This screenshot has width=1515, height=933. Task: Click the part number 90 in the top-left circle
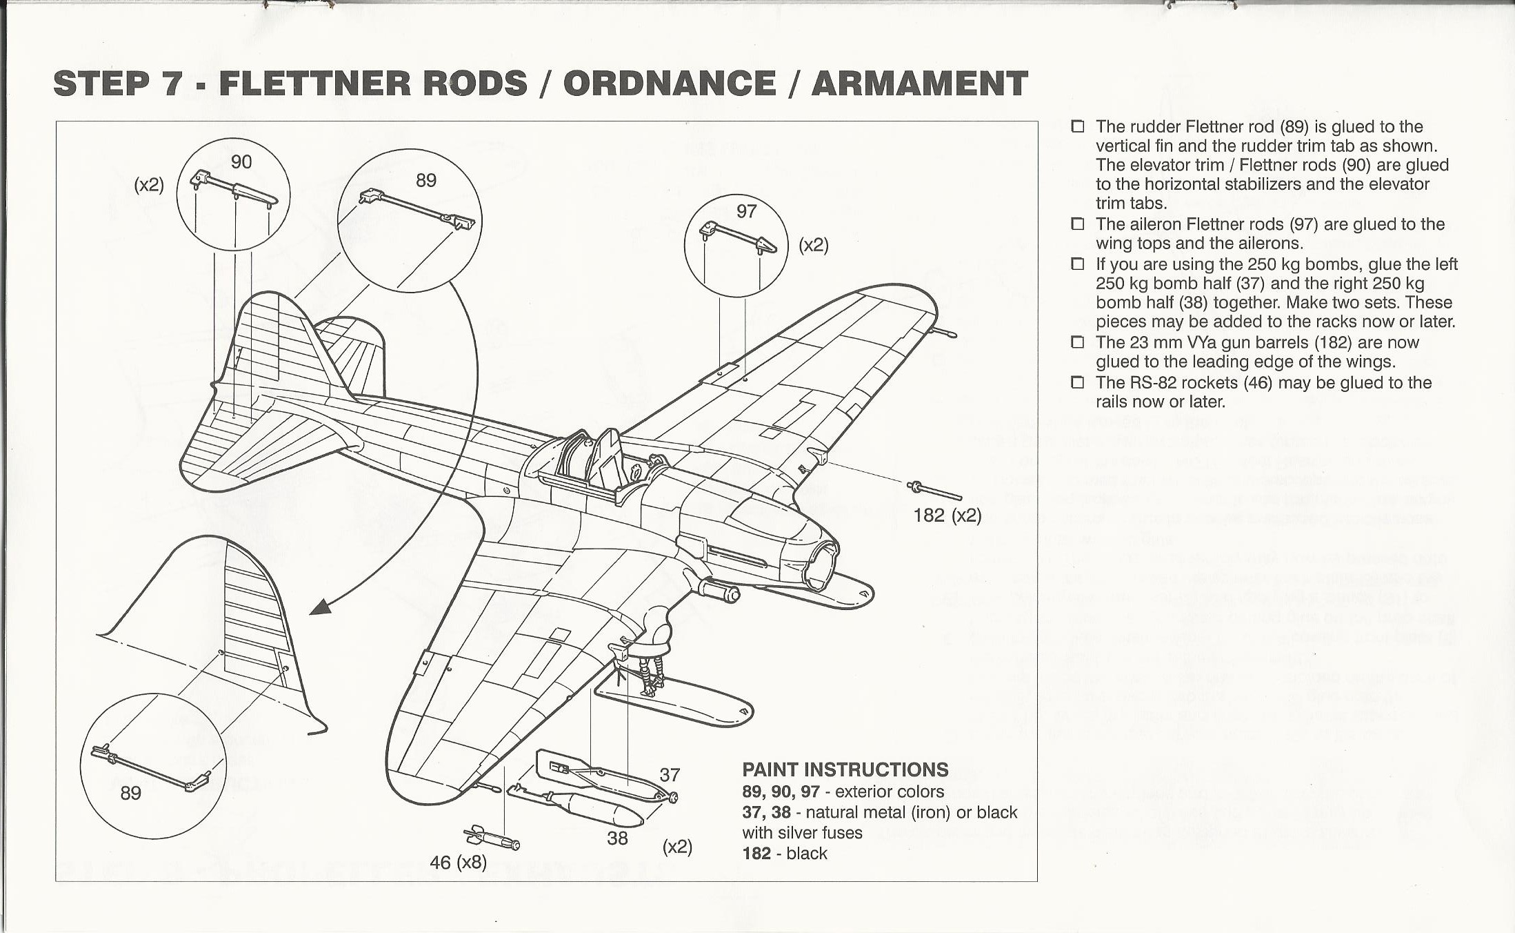click(x=241, y=161)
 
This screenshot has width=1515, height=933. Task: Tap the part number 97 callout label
click(x=746, y=211)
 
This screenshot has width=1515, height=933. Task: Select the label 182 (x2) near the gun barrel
click(x=947, y=515)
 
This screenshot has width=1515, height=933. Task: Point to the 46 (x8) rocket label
click(x=458, y=863)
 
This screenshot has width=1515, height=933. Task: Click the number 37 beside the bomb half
click(x=670, y=775)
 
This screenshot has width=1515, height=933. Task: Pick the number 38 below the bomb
click(x=617, y=838)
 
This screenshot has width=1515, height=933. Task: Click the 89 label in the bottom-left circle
click(x=130, y=793)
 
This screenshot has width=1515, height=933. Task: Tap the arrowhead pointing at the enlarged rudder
click(x=320, y=607)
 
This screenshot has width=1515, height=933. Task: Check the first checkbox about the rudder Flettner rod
click(x=1078, y=127)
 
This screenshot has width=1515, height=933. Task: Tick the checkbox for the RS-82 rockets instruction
click(x=1078, y=383)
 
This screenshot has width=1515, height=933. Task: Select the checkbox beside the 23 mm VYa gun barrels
click(x=1078, y=343)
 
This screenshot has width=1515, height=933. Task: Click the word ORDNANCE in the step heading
click(x=669, y=84)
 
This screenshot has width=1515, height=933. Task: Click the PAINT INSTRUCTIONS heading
click(x=845, y=769)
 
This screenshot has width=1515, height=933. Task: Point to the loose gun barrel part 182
click(x=936, y=491)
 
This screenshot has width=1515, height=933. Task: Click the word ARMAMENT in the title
click(x=919, y=84)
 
